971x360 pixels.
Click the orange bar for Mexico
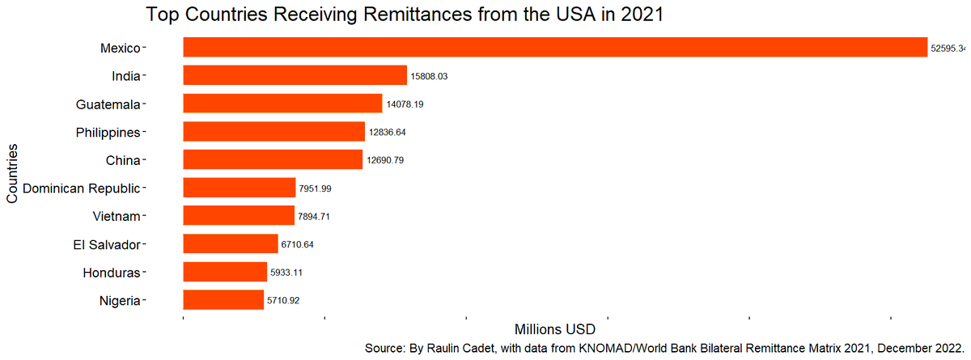[555, 47]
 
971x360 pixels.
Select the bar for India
[295, 75]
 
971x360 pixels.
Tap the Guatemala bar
[282, 104]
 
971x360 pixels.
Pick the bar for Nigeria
[223, 300]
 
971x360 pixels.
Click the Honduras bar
[225, 272]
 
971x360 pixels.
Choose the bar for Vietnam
[239, 215]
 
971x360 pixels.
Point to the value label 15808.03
[430, 76]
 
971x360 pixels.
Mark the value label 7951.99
[315, 188]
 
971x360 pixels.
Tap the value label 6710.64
[297, 244]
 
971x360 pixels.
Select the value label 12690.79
[385, 160]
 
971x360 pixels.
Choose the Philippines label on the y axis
[108, 132]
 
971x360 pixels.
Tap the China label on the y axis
[123, 160]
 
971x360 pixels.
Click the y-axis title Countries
[12, 174]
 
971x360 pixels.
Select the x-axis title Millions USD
[555, 329]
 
